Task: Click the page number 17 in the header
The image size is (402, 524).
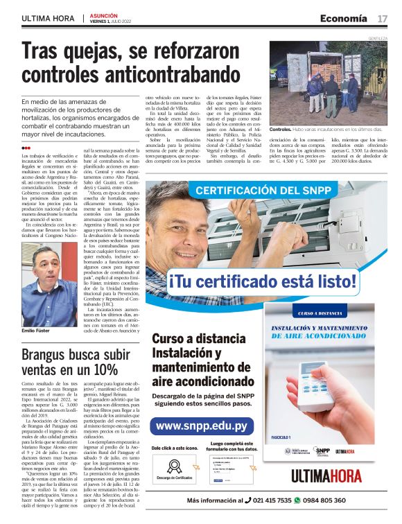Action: pos(383,19)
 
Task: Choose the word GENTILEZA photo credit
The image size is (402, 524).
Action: pos(378,40)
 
